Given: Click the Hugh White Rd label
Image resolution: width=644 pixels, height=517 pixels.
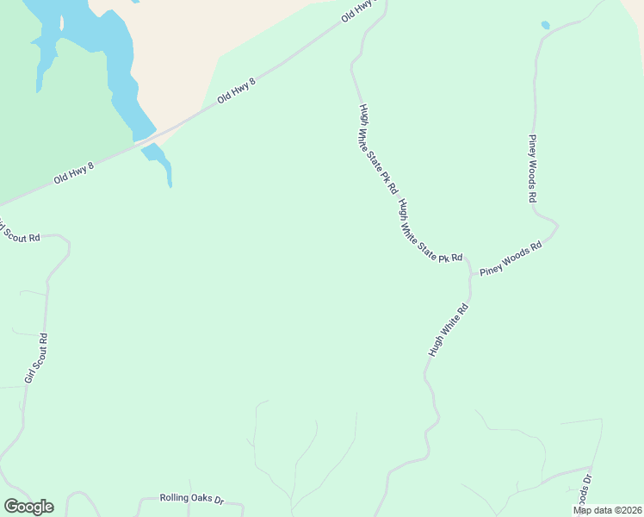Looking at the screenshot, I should coord(448,330).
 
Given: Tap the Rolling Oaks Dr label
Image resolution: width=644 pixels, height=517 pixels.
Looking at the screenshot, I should coord(191,499).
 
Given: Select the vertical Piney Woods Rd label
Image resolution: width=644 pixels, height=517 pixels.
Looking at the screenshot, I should coord(533,168).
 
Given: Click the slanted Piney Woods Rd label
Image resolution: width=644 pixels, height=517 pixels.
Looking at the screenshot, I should coord(511,258).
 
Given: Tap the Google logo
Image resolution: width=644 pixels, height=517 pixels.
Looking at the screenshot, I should coord(28,507).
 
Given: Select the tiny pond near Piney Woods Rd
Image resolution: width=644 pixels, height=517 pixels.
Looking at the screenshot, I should coord(545,25).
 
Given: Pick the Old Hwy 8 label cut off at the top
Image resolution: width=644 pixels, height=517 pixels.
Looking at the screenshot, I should coord(360,10).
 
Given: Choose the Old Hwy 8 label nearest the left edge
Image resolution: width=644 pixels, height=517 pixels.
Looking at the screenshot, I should coord(73,171).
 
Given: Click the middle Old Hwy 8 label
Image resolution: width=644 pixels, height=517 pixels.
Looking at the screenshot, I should coord(237,90).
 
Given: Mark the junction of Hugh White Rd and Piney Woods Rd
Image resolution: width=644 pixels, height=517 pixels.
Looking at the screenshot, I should coord(472,275).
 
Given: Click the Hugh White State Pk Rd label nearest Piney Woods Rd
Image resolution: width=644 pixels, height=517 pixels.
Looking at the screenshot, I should coord(430,231).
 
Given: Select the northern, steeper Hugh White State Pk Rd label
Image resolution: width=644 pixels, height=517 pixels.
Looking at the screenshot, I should coord(379,148).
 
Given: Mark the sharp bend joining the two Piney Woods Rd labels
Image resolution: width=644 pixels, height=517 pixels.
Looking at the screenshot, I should coord(556,227).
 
